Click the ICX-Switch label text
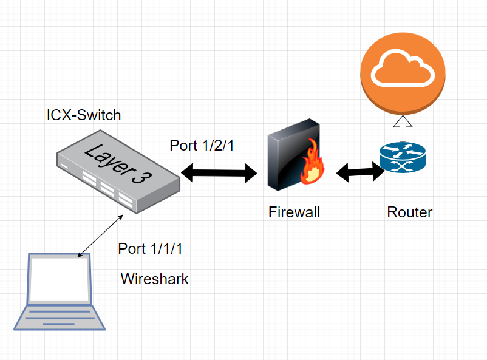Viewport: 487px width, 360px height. (84, 115)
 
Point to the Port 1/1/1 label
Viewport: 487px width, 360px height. (150, 249)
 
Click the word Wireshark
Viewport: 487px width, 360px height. (154, 279)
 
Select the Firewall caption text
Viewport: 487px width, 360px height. (294, 212)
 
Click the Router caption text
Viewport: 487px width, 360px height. (409, 212)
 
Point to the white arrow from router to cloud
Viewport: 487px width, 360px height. (403, 128)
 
